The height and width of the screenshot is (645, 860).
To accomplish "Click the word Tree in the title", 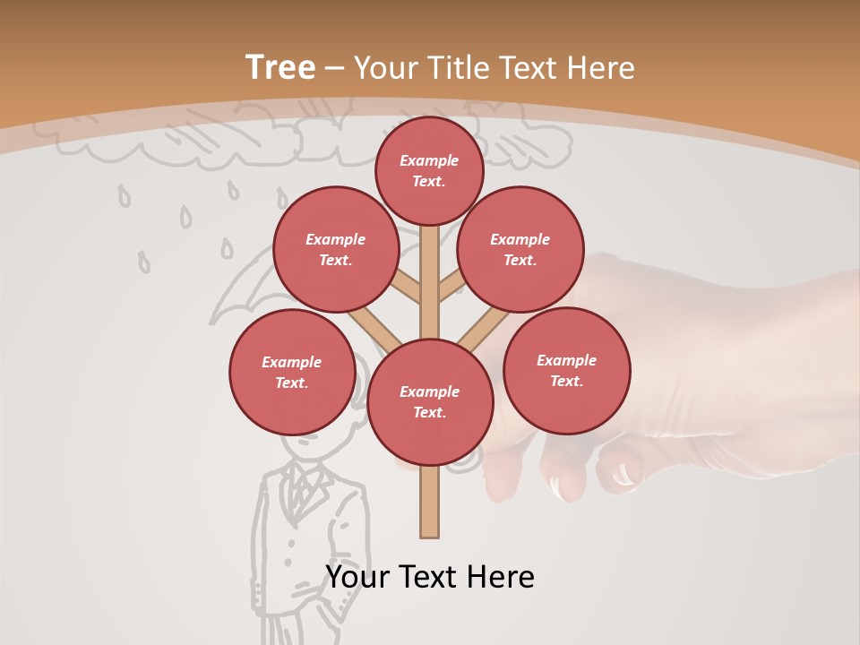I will point(280,67).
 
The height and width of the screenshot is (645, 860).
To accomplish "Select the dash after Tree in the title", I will point(334,69).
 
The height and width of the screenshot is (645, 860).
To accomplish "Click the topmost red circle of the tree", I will point(429,170).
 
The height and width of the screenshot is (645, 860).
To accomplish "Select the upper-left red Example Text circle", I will point(335,249).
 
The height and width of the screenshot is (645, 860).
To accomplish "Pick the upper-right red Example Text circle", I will point(520,249).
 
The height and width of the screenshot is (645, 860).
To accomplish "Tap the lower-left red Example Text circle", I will point(292,372).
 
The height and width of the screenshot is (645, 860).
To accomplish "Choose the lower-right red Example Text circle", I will point(566,370).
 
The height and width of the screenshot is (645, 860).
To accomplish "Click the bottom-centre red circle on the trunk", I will point(430,402).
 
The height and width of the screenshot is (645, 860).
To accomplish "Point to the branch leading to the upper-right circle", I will point(451,288).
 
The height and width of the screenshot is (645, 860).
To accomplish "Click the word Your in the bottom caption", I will point(357,577).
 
